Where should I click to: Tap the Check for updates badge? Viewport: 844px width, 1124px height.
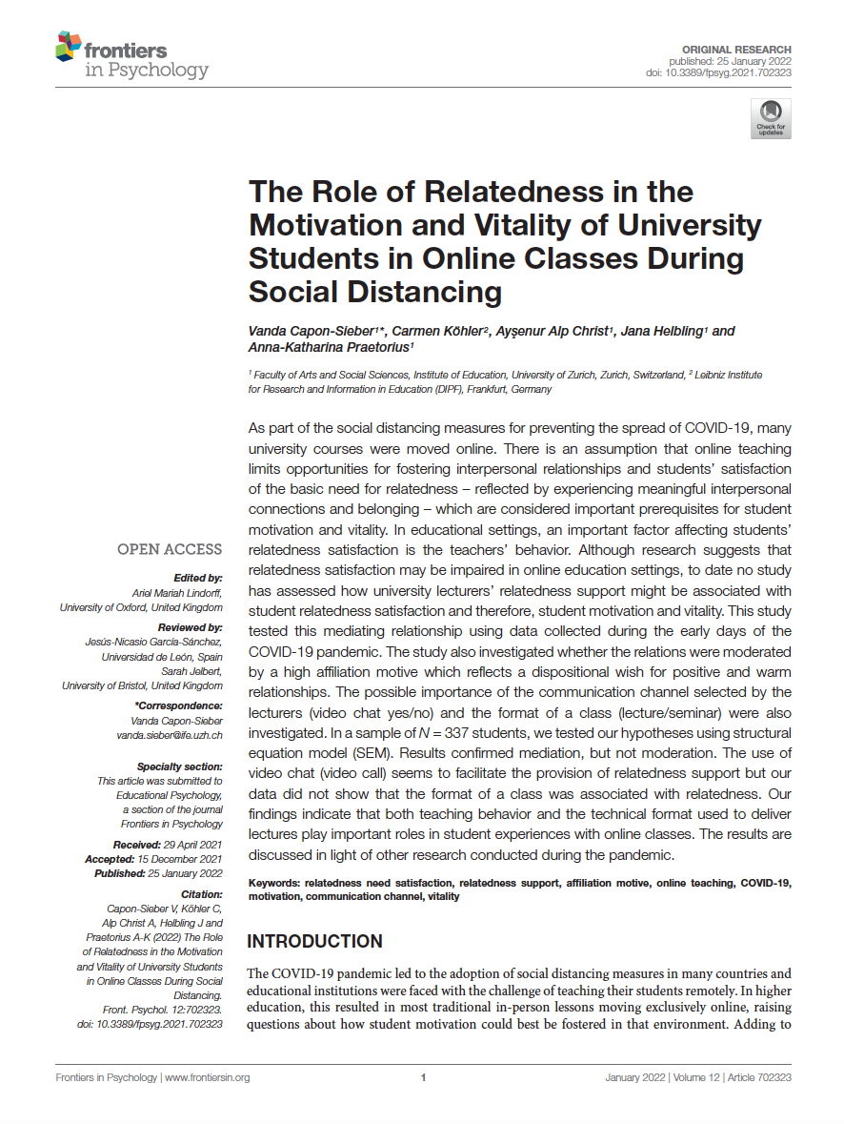tap(771, 118)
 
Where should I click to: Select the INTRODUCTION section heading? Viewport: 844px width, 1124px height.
tap(314, 942)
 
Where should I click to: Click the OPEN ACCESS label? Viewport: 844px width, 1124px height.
tap(170, 549)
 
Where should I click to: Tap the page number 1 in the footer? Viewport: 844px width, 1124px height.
tap(422, 1078)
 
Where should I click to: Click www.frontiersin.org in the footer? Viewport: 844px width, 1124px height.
tap(207, 1078)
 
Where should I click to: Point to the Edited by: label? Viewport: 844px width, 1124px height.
tap(198, 578)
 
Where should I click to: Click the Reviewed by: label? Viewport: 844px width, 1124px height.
tap(191, 627)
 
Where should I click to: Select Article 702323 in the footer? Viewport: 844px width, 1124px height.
tap(758, 1078)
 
